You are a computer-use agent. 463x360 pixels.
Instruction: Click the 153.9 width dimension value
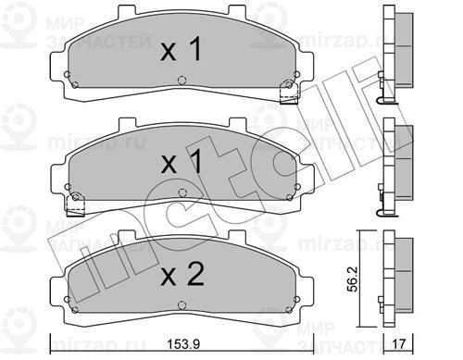click(x=183, y=344)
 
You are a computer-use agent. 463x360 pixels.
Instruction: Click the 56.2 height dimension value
click(x=352, y=279)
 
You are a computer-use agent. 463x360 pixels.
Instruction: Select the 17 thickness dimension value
click(x=398, y=344)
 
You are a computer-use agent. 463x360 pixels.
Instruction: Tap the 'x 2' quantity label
click(x=182, y=275)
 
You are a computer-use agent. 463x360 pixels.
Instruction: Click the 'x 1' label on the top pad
click(x=181, y=49)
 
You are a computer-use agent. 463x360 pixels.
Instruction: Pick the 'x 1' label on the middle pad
click(x=181, y=162)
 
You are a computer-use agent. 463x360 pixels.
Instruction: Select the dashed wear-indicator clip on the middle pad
click(x=75, y=205)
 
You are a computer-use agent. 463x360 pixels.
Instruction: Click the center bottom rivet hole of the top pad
click(x=182, y=81)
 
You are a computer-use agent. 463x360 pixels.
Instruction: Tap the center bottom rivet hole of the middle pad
click(x=182, y=193)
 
